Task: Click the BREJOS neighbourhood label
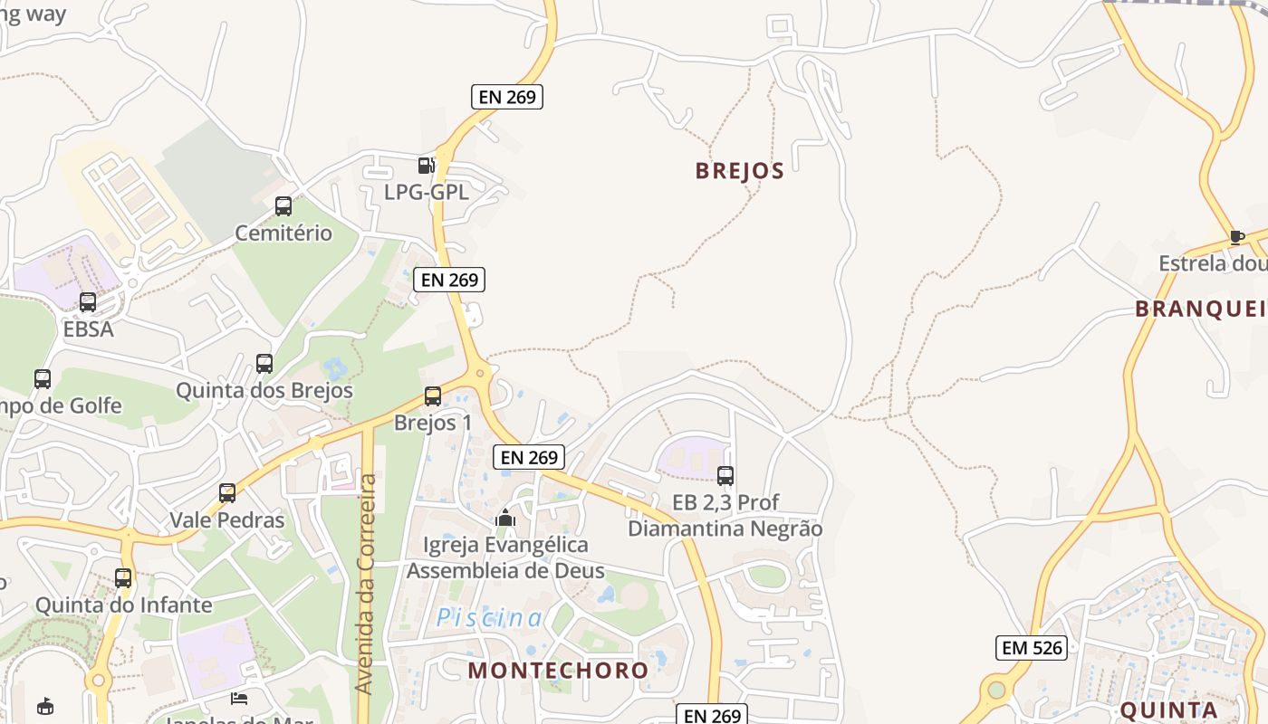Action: [739, 171]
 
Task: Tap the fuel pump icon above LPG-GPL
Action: [426, 165]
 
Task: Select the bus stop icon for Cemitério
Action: [283, 206]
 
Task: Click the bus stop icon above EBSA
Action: [88, 302]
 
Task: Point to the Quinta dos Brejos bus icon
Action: [264, 364]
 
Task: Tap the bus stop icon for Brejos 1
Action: [433, 396]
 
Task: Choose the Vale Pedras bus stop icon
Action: [227, 493]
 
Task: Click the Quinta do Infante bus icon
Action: [123, 577]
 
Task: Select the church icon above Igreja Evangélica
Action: [505, 518]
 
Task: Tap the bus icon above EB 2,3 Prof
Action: [725, 475]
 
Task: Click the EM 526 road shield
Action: [1031, 648]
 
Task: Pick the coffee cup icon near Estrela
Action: [1237, 237]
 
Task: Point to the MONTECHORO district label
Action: [558, 671]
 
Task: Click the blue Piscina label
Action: [490, 618]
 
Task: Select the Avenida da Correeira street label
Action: [366, 584]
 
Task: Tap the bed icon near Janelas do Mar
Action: [239, 698]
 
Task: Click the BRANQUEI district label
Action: [1200, 309]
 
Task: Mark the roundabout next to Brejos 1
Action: [480, 371]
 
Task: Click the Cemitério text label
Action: [283, 233]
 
